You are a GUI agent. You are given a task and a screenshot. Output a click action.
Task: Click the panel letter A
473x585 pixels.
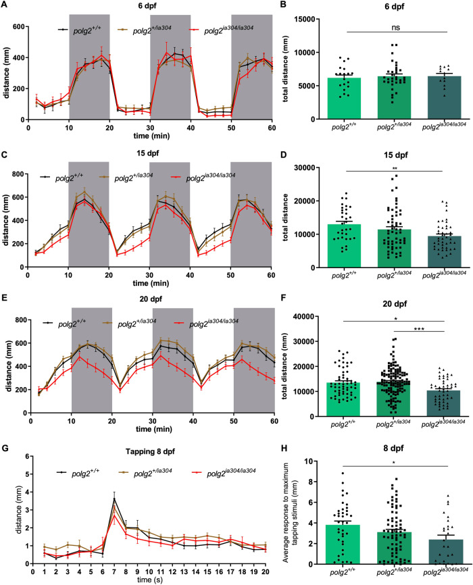(x=5, y=5)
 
